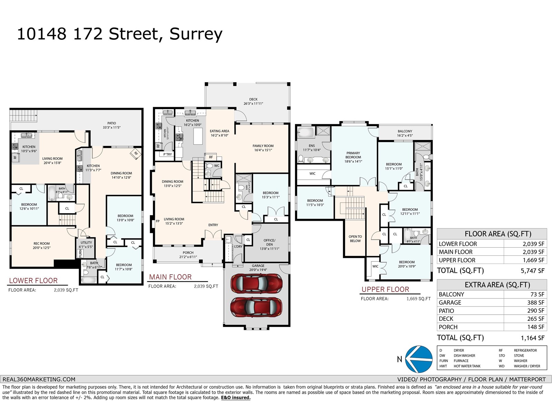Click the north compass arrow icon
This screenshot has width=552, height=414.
tap(418, 359)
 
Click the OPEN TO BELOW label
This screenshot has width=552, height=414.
tap(355, 239)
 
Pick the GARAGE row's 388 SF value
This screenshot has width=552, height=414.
tap(535, 303)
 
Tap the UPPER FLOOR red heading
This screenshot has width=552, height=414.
tap(385, 289)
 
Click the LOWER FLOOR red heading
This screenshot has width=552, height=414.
tap(33, 280)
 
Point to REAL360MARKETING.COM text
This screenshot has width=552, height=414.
tap(38, 379)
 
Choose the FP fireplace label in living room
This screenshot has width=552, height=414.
tap(158, 221)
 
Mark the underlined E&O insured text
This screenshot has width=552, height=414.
tap(236, 398)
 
